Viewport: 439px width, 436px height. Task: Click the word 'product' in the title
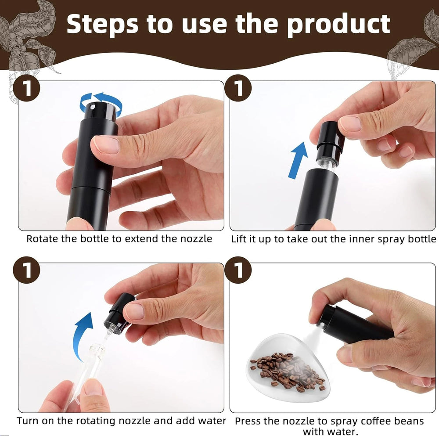point(338,24)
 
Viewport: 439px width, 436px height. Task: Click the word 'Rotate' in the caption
point(40,239)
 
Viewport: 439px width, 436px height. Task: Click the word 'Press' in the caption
point(249,421)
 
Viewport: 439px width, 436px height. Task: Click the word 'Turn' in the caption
point(27,421)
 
